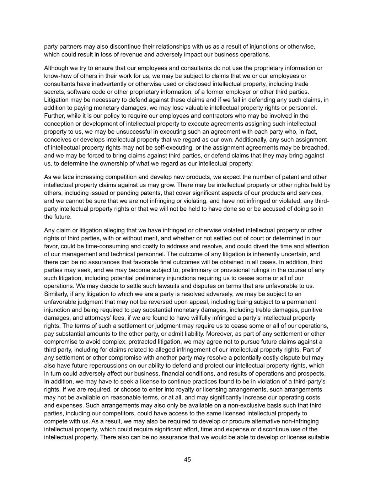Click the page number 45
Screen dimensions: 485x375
(x=187, y=459)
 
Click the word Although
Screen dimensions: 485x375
(x=55, y=68)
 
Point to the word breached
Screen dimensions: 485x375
(x=316, y=147)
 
